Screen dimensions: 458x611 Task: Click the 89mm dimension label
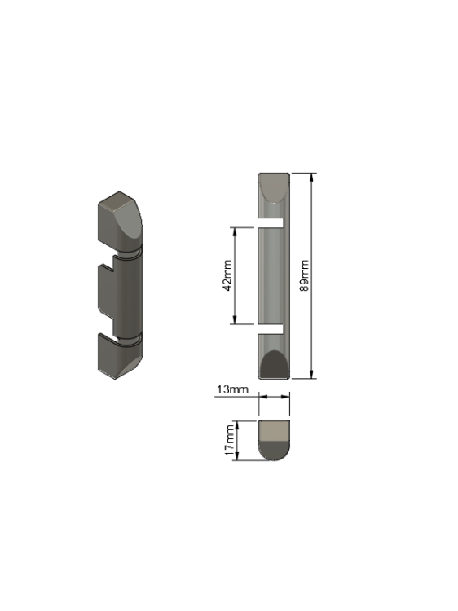(305, 275)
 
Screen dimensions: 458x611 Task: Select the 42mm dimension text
(227, 275)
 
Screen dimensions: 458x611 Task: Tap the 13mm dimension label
(232, 389)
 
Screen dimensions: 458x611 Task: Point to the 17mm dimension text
(230, 441)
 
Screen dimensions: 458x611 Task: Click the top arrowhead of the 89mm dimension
(311, 178)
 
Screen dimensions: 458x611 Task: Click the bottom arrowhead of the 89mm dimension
(311, 374)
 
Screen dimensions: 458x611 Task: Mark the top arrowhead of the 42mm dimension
(234, 232)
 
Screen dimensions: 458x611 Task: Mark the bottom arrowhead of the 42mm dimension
(234, 319)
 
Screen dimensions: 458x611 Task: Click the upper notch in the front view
(271, 222)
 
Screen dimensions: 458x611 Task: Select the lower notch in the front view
(271, 329)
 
